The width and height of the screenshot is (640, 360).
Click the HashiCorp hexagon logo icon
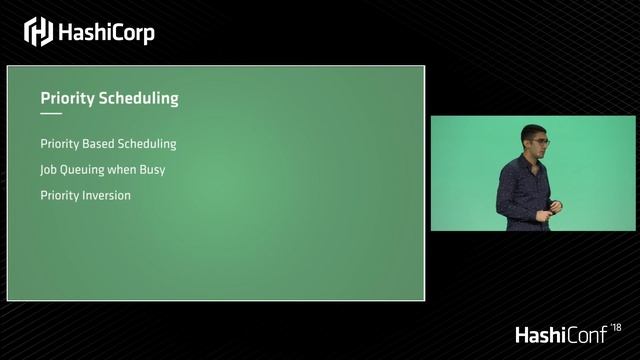pyautogui.click(x=38, y=32)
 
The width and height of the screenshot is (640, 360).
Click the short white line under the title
pyautogui.click(x=51, y=114)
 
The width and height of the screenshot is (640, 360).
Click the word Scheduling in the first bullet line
pyautogui.click(x=149, y=144)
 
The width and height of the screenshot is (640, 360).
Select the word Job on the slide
pyautogui.click(x=49, y=170)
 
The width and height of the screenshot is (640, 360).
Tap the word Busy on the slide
pyautogui.click(x=152, y=170)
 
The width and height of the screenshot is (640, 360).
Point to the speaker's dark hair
pyautogui.click(x=531, y=131)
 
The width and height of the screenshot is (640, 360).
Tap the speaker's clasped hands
pyautogui.click(x=552, y=207)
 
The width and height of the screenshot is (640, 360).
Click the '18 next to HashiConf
pyautogui.click(x=615, y=327)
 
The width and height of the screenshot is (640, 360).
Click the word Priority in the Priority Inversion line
pyautogui.click(x=59, y=195)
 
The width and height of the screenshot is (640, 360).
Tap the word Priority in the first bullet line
pyautogui.click(x=59, y=144)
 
